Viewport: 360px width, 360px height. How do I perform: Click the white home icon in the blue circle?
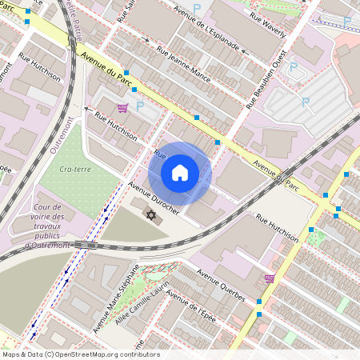coord(180,173)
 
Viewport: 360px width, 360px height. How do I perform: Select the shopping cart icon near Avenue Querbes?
coord(270,278)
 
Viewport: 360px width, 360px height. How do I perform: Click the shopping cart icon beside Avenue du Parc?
coord(122,107)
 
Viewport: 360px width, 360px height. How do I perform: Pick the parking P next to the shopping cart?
coord(140,106)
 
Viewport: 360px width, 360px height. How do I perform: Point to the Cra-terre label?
coord(74,169)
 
